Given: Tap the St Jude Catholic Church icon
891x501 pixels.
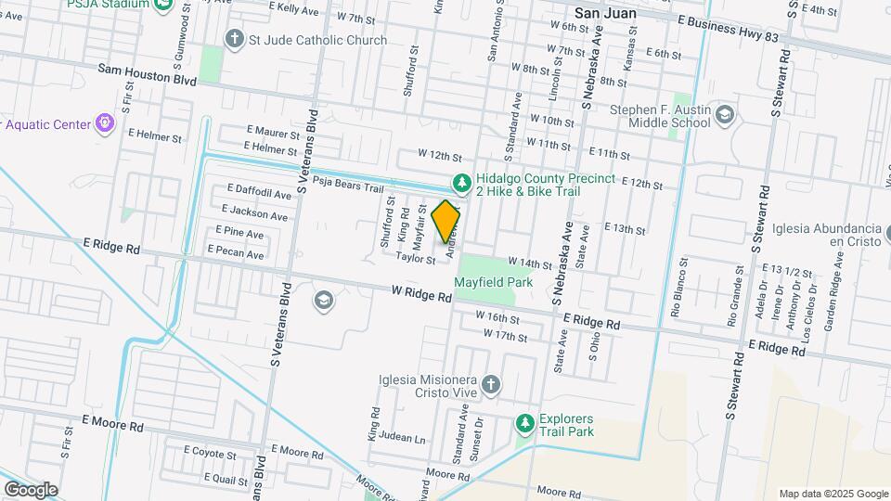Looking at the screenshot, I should tap(234, 40).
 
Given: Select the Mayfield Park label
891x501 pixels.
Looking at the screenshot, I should tap(493, 281).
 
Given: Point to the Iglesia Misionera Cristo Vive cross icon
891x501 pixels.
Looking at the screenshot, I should tap(491, 383).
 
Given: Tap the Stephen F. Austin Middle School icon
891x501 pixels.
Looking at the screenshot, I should tap(726, 115).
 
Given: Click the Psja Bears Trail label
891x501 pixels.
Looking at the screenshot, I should tap(348, 183).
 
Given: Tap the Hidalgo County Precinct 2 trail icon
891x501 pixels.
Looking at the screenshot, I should tap(459, 183).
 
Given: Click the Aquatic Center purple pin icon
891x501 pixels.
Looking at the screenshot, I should tap(106, 123).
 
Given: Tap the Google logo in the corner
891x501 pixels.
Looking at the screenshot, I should tap(31, 488).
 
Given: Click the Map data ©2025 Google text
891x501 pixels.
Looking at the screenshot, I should tap(833, 494).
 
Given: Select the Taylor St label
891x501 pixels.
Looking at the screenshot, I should tap(415, 260).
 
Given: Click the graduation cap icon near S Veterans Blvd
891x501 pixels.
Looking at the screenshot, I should tap(322, 299).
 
